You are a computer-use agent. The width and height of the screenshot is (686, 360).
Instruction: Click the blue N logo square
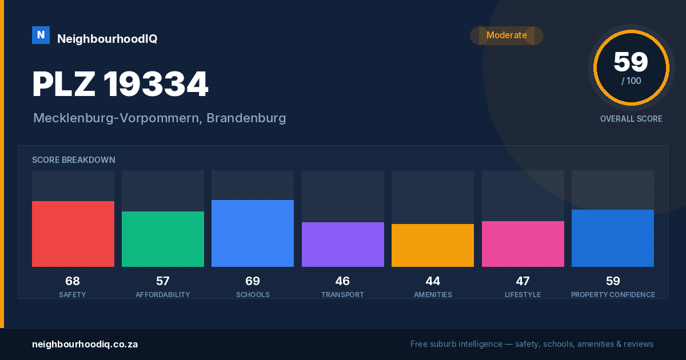[41, 35]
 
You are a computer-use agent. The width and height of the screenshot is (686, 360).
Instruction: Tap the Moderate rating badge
[506, 35]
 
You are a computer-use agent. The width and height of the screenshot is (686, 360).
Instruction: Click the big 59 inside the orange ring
[631, 62]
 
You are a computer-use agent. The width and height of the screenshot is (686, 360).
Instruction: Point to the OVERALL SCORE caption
[631, 119]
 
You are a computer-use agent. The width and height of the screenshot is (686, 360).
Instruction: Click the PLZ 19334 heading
[121, 84]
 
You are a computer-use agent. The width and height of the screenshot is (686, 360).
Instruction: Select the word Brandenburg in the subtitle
[246, 118]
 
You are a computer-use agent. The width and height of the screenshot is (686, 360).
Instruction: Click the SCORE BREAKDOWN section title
[74, 160]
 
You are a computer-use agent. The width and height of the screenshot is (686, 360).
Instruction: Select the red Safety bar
[73, 234]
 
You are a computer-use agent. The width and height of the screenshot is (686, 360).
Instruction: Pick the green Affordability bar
[163, 239]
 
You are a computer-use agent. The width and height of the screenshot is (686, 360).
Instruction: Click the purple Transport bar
[342, 245]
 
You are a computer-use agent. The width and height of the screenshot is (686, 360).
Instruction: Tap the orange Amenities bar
[433, 246]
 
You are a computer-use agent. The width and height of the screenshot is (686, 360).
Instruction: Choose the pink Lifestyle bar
[523, 244]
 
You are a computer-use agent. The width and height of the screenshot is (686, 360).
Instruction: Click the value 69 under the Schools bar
[253, 281]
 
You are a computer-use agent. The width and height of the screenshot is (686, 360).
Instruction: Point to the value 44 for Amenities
[433, 281]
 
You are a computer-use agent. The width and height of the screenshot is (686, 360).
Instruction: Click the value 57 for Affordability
[162, 281]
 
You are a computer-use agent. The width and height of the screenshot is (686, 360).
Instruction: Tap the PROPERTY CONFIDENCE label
[613, 295]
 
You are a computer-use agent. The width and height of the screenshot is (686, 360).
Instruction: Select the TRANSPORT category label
[342, 295]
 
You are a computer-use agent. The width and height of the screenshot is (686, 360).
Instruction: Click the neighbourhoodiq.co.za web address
[85, 345]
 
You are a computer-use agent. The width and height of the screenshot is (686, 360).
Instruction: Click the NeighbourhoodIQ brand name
[107, 39]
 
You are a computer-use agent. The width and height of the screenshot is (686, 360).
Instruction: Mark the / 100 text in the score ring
[631, 81]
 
